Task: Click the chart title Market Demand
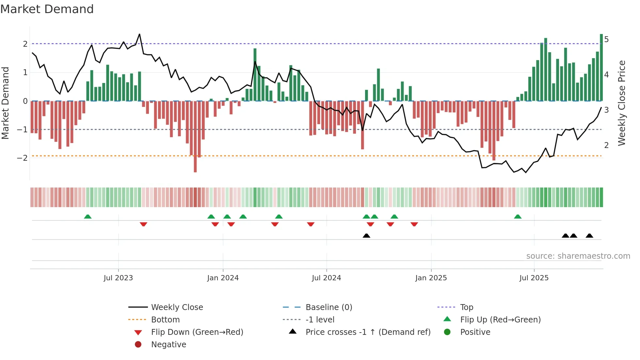click(x=47, y=9)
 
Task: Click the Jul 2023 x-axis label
click(x=118, y=278)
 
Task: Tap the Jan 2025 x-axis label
click(x=431, y=278)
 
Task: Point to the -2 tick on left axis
click(x=22, y=158)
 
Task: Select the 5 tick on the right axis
click(x=606, y=40)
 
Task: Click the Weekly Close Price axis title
click(x=622, y=103)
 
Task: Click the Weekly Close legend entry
click(x=177, y=307)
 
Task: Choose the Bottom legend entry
click(x=165, y=320)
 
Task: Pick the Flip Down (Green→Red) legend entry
click(x=197, y=332)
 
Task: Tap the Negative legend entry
click(x=168, y=345)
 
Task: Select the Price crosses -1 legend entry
click(x=368, y=332)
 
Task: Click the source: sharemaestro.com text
click(x=578, y=256)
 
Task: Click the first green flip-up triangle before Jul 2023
click(x=88, y=217)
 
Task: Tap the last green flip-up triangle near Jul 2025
click(x=518, y=217)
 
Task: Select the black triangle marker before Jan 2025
click(x=366, y=236)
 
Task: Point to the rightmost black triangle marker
click(x=589, y=236)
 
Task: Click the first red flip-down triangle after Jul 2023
click(x=143, y=224)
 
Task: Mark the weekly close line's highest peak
click(x=139, y=34)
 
